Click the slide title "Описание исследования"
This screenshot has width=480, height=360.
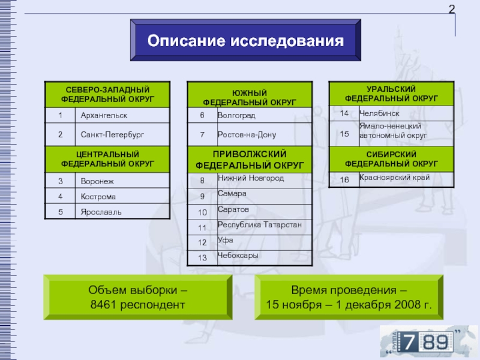(x=246, y=41)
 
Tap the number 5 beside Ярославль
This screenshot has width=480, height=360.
(x=60, y=212)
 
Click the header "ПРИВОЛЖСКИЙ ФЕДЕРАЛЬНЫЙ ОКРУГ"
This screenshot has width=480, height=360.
(x=250, y=160)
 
